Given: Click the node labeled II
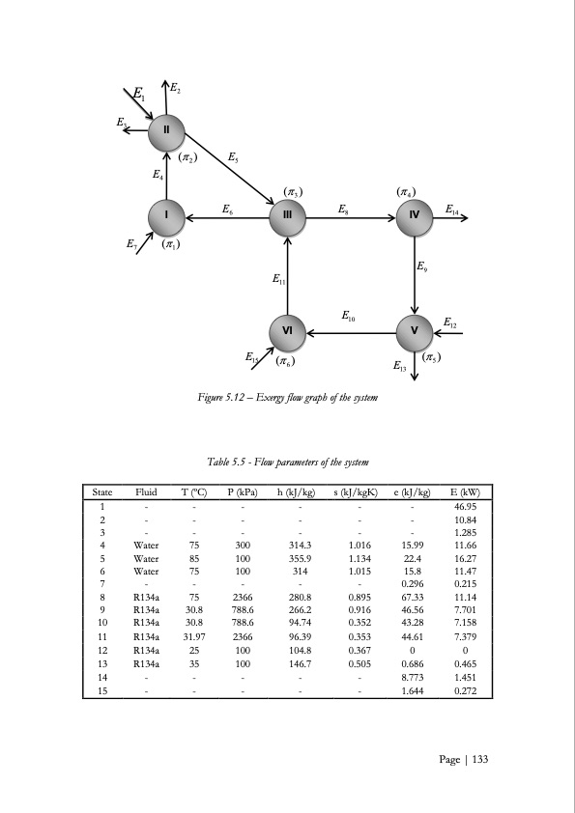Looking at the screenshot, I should click(167, 129).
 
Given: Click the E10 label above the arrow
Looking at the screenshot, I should click(349, 315).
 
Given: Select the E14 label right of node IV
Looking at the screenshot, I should click(452, 209).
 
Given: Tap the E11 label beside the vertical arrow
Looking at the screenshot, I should click(278, 281).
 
